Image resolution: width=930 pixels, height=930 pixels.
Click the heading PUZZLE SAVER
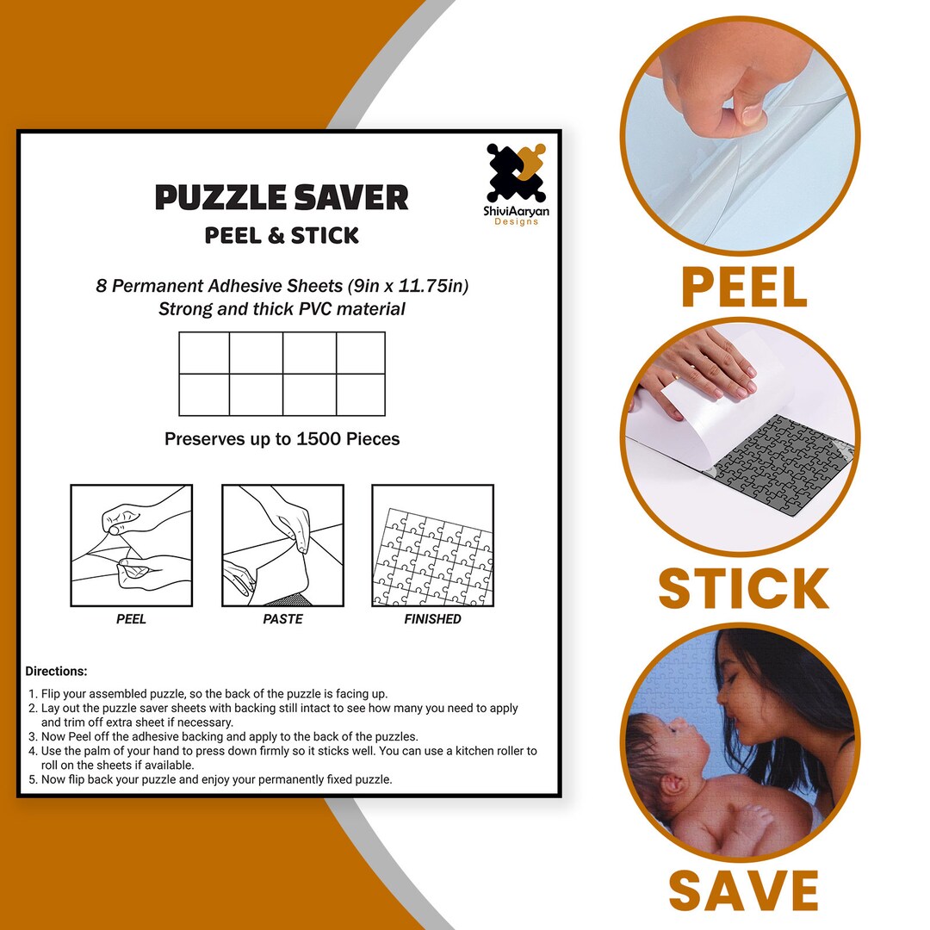pos(282,198)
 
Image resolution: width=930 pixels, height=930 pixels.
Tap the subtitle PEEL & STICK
pos(282,236)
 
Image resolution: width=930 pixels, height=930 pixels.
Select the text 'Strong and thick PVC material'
pos(282,309)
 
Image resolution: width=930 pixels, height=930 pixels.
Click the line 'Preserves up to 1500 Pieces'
pos(282,439)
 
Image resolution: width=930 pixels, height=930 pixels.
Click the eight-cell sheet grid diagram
pos(282,374)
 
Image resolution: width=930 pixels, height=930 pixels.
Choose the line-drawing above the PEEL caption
pos(131,546)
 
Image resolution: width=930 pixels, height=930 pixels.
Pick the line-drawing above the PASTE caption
pos(282,546)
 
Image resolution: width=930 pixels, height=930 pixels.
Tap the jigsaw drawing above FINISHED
pos(432,546)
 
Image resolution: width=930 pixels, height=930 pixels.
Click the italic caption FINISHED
pos(432,619)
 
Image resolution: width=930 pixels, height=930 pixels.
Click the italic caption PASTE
pos(282,619)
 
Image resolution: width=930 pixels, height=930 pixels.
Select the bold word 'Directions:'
pos(56,672)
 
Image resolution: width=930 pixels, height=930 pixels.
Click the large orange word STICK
pos(743,589)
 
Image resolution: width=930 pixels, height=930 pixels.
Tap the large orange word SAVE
pos(743,890)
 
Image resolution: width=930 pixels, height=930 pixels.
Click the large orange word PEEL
pos(744,288)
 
